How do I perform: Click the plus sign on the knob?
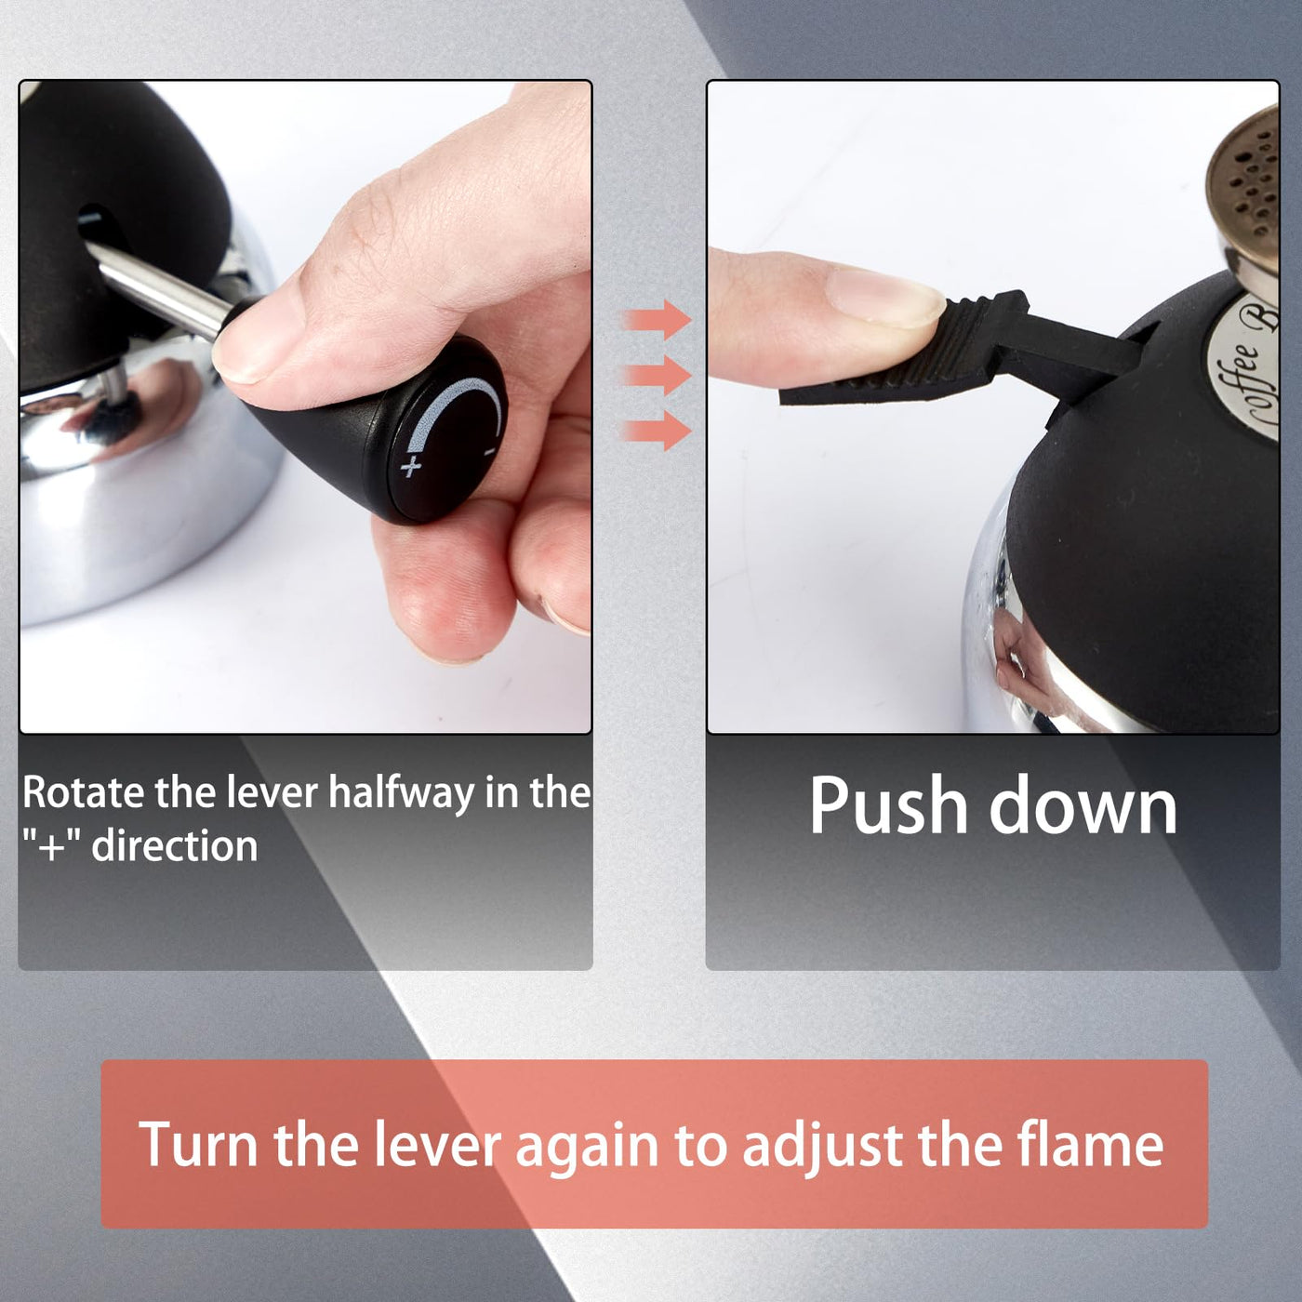pos(411,466)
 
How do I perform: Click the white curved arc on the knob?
pos(459,411)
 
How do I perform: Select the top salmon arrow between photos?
pos(657,320)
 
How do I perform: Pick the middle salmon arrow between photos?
pos(657,375)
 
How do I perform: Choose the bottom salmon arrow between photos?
pos(657,431)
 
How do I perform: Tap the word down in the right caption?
pos(1083,804)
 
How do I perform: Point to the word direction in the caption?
pos(174,846)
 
